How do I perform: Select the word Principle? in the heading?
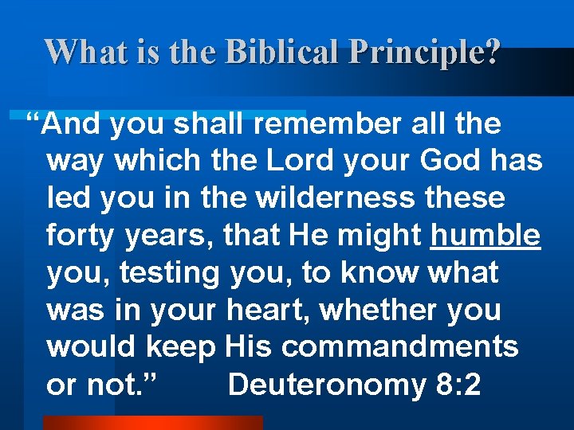point(434,52)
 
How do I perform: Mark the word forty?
point(81,236)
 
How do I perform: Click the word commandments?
point(399,347)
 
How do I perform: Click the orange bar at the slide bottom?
point(152,423)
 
